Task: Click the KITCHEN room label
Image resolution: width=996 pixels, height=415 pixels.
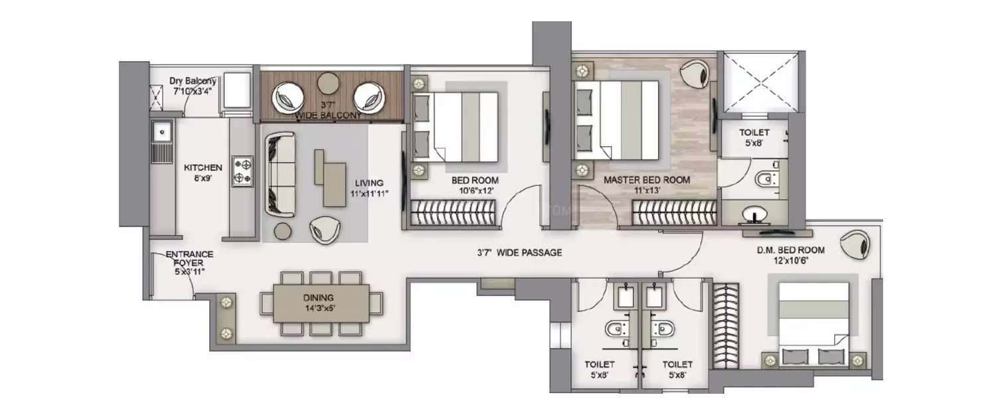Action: coord(203,168)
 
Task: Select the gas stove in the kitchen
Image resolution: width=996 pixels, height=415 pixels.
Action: coord(242,171)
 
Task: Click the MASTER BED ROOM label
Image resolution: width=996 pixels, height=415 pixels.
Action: coord(646,180)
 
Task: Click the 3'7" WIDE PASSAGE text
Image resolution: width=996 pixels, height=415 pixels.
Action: coord(519,252)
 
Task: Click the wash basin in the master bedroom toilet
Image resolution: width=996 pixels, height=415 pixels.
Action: coord(756,214)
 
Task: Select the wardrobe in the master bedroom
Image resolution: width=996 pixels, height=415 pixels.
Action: coord(673,214)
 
